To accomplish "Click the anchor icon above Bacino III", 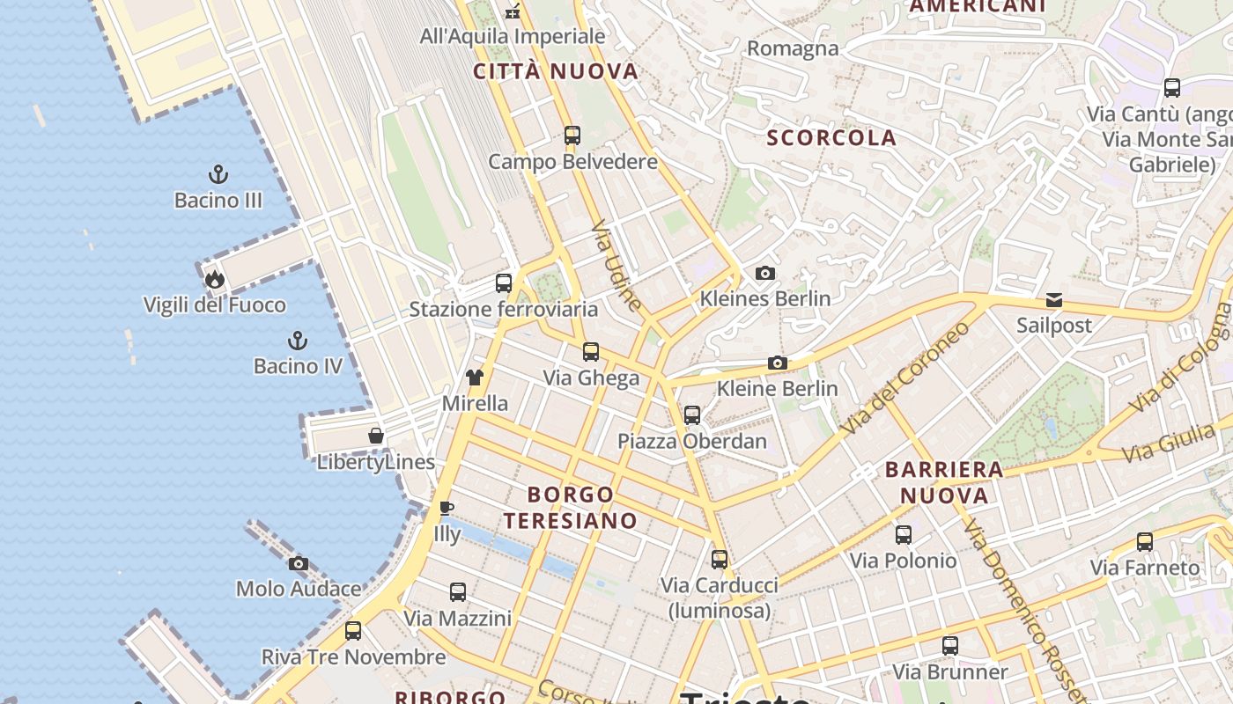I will pos(218,173).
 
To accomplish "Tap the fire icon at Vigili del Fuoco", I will pos(215,280).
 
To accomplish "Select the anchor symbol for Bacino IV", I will pos(298,340).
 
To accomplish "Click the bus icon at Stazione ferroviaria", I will pos(504,283).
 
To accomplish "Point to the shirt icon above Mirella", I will pos(475,378).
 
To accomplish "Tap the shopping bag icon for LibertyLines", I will pos(376,436).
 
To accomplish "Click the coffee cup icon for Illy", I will pos(447,508).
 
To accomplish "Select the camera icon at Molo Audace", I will pos(299,563).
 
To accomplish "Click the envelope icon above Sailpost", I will pos(1054,300).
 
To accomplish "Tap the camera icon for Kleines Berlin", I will pos(765,273).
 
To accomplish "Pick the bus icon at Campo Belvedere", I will pos(572,136).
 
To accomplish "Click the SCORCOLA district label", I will pos(831,137).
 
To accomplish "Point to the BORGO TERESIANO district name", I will pos(571,507).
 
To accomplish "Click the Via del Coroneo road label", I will pos(904,377).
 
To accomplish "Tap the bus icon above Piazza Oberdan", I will pos(692,414).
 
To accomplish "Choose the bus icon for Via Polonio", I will pos(904,534).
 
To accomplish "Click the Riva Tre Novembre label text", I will pos(353,657).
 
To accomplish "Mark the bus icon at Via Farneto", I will pos(1145,542).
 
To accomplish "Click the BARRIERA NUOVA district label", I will pos(944,481).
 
